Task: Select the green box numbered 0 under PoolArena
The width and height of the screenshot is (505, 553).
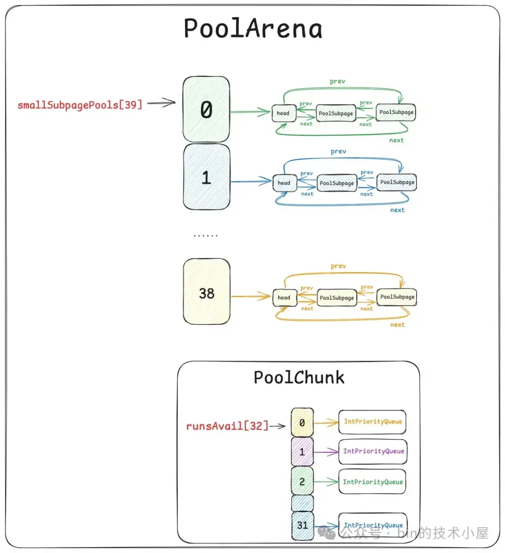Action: (x=206, y=110)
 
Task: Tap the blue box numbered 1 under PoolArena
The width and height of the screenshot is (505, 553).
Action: (x=206, y=177)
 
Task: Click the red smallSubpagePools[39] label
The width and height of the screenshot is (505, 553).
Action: (x=79, y=104)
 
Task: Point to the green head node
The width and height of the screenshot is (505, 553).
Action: (x=283, y=113)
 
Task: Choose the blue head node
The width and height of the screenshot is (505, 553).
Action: (x=284, y=183)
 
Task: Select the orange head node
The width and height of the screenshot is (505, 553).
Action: (x=284, y=297)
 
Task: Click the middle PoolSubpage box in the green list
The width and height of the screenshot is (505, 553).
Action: (x=336, y=113)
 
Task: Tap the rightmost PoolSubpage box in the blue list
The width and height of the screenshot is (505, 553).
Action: (x=397, y=182)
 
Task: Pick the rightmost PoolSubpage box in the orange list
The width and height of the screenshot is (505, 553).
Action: (x=397, y=297)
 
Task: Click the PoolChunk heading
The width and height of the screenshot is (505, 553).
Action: (x=299, y=377)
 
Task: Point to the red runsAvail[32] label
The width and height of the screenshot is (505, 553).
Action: (x=227, y=426)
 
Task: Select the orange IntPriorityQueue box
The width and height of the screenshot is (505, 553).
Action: (x=373, y=422)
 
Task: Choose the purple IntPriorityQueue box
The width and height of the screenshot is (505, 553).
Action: (x=373, y=451)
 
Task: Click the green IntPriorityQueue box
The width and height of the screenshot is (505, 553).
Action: (x=373, y=482)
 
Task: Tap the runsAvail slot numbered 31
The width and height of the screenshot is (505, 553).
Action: (x=303, y=525)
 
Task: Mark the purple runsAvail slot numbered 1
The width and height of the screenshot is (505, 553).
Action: (x=302, y=452)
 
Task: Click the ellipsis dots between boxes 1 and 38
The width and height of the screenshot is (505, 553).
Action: (x=206, y=235)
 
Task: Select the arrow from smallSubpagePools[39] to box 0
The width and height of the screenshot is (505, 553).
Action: (x=161, y=103)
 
